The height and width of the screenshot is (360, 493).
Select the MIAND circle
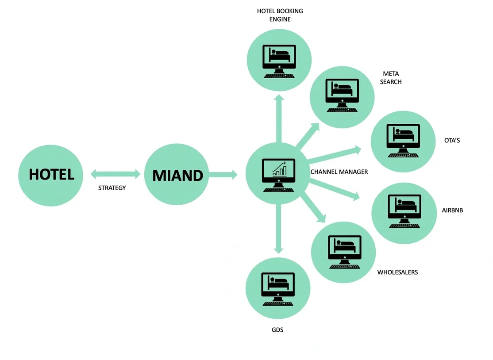coord(177,175)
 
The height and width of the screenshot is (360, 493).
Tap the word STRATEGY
coord(112,188)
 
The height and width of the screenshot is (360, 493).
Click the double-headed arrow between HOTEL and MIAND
coord(115,174)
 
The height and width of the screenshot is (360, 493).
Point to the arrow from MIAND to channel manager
coord(223,174)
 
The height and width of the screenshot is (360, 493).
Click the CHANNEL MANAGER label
coord(339,172)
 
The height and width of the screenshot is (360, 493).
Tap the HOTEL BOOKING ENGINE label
coord(280,15)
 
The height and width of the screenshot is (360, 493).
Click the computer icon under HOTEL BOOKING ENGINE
coord(279,61)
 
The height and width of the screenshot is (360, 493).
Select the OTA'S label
coord(452,141)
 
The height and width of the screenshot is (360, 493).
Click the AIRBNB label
coord(452,210)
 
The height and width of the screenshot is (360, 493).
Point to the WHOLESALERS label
coord(397,272)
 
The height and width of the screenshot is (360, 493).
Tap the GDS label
coord(277,329)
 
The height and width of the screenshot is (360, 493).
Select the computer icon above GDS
coord(278,288)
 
